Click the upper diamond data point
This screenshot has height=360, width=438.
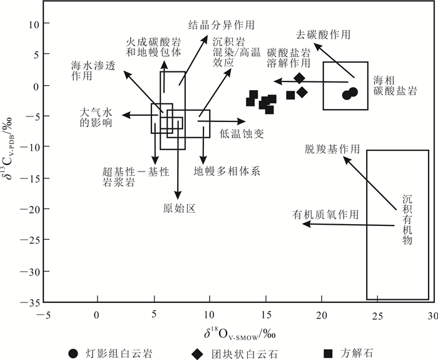[x=300, y=78]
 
